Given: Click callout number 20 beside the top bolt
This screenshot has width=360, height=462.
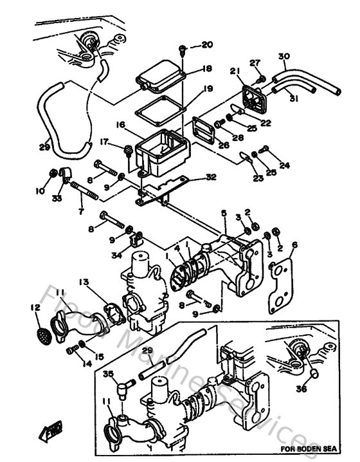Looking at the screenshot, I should click(206, 45).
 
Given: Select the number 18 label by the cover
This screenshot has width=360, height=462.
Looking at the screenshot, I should click(206, 69).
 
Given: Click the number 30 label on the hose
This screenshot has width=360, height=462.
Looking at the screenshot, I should click(283, 57).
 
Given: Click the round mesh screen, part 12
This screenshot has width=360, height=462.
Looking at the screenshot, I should click(42, 335).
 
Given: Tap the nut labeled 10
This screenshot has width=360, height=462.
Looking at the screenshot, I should click(53, 173).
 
